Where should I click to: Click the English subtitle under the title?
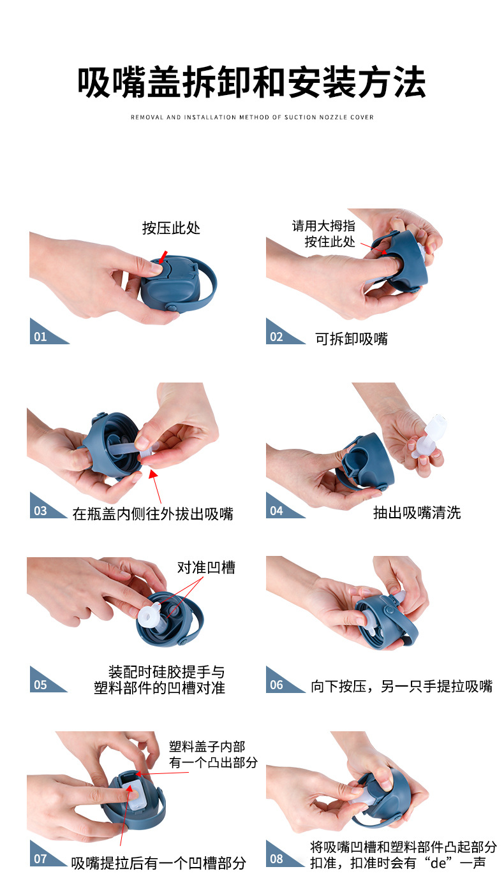pyautogui.click(x=252, y=117)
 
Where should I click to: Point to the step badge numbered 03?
pyautogui.click(x=42, y=510)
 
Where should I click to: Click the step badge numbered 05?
pyautogui.click(x=42, y=685)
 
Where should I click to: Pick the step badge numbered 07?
pyautogui.click(x=42, y=859)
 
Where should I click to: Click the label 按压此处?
pyautogui.click(x=171, y=228)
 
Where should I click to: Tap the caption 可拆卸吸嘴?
pyautogui.click(x=352, y=339)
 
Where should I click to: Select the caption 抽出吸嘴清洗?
pyautogui.click(x=417, y=513)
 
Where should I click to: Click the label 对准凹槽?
pyautogui.click(x=206, y=567)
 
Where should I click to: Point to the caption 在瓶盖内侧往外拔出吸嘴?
pyautogui.click(x=153, y=513)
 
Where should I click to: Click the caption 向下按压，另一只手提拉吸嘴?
pyautogui.click(x=401, y=687)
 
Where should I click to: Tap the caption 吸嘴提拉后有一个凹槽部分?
pyautogui.click(x=158, y=863)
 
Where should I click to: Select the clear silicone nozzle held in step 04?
pyautogui.click(x=427, y=437)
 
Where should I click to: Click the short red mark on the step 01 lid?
pyautogui.click(x=164, y=256)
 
